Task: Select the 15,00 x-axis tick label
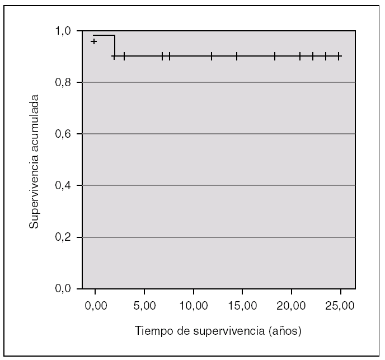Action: click(242, 307)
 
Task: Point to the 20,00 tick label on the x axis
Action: click(292, 307)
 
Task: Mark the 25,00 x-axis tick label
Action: click(340, 307)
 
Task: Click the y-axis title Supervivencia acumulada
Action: click(35, 160)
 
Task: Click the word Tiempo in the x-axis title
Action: click(151, 331)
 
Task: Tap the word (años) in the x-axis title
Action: click(284, 331)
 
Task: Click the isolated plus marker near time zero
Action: click(94, 41)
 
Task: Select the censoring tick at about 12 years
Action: click(212, 56)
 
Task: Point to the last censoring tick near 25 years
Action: click(339, 56)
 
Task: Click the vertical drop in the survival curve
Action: click(114, 46)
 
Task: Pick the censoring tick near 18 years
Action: click(275, 56)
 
